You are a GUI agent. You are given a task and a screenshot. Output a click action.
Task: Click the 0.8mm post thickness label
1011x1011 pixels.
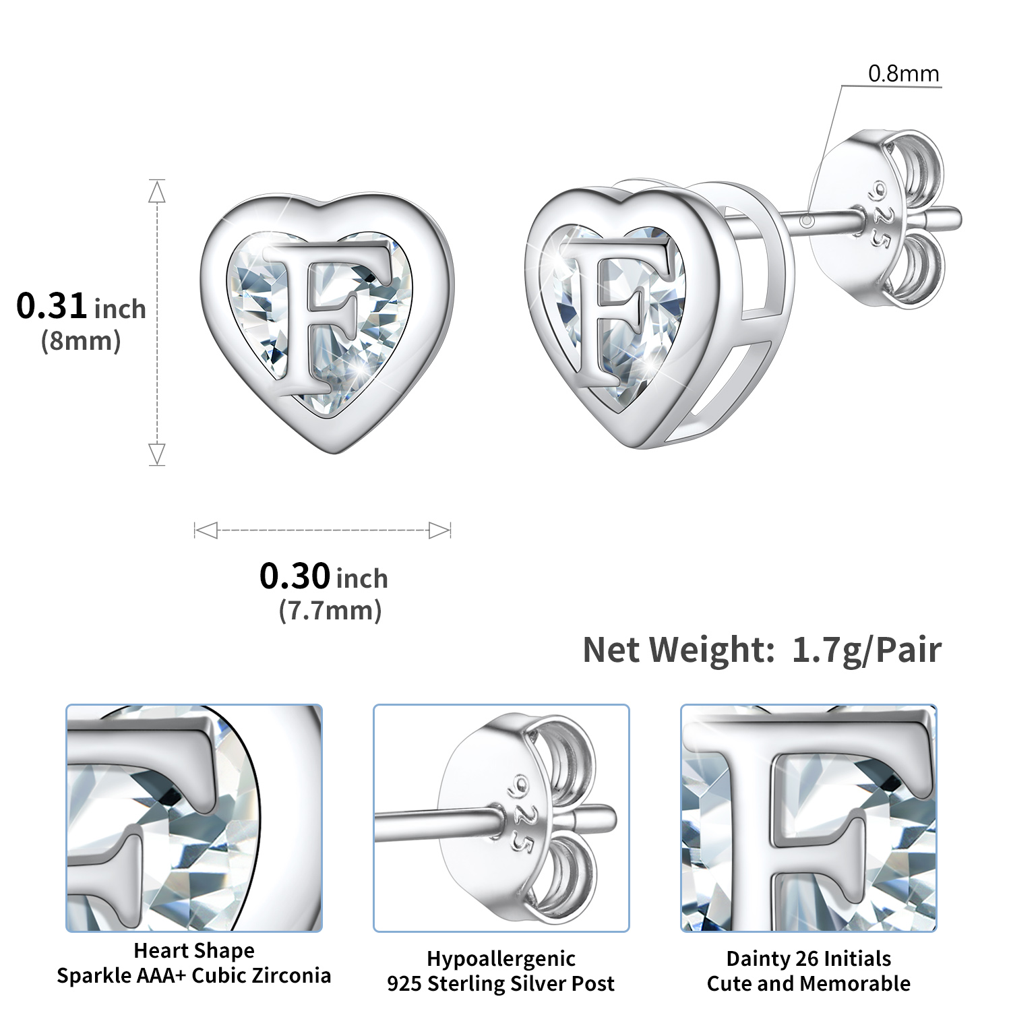tap(903, 73)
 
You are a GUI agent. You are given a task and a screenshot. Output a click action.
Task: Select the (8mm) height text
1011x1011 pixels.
tap(81, 341)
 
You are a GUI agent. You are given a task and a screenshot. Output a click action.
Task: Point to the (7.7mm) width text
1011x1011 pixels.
tap(330, 611)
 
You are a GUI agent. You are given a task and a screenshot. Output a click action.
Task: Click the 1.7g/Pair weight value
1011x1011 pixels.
tap(866, 650)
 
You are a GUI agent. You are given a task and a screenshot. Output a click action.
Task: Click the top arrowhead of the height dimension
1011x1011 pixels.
tap(157, 192)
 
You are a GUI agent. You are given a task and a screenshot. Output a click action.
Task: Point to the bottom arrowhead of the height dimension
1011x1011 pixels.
tap(157, 453)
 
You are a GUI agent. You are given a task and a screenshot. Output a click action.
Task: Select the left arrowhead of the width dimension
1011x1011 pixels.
tap(206, 530)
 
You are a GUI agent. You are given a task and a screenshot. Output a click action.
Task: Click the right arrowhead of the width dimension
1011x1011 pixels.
tap(439, 530)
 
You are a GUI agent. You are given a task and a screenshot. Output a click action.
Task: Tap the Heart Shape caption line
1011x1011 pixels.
tap(194, 950)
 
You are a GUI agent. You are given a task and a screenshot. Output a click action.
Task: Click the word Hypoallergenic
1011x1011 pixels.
tap(501, 958)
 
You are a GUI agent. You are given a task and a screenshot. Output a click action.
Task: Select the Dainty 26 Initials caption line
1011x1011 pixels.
tap(808, 958)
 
